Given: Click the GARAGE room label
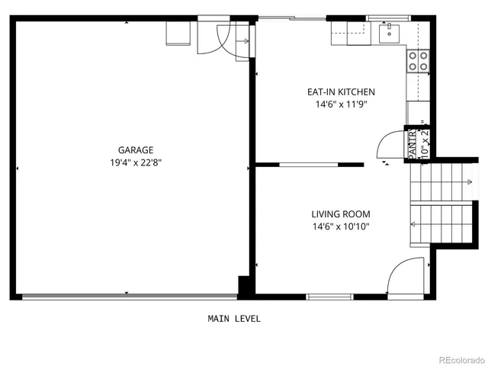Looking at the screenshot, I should click(x=135, y=150).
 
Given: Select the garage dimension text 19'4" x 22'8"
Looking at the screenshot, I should click(x=135, y=162).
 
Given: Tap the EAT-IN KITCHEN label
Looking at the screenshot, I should click(x=341, y=91).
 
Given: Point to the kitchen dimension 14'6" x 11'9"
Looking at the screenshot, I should click(x=341, y=104).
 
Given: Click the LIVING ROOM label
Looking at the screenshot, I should click(x=340, y=214).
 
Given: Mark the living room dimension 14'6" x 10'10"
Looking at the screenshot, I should click(x=340, y=226).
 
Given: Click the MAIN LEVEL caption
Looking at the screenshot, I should click(x=234, y=319).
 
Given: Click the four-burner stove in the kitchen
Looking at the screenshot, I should click(x=417, y=61).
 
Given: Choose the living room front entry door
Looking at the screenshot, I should click(x=404, y=277).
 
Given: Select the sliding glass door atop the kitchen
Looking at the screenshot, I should click(x=292, y=18).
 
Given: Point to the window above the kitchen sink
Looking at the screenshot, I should click(x=389, y=18).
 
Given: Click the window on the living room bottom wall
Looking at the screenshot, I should click(x=329, y=296).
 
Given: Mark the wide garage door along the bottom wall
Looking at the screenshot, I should click(x=127, y=297).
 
